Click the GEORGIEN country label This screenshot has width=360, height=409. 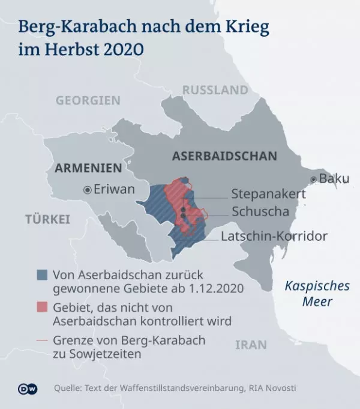pos(88,100)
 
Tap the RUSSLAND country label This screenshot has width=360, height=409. pos(215,90)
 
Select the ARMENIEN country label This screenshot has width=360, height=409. pos(88,168)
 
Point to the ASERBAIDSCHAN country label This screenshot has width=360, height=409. pos(224,156)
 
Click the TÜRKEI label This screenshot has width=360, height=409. pos(47,219)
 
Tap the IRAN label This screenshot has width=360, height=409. pos(251,345)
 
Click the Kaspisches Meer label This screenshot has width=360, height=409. pos(308,293)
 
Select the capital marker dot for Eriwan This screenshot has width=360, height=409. pos(87,190)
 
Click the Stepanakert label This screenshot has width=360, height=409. pos(268,194)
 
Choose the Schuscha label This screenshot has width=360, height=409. pos(260,211)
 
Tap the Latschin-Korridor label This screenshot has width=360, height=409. pos(274,236)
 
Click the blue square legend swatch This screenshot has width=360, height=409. pos(41,274)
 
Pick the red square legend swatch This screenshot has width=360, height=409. pos(41,308)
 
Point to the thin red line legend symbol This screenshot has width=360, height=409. pos(41,341)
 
